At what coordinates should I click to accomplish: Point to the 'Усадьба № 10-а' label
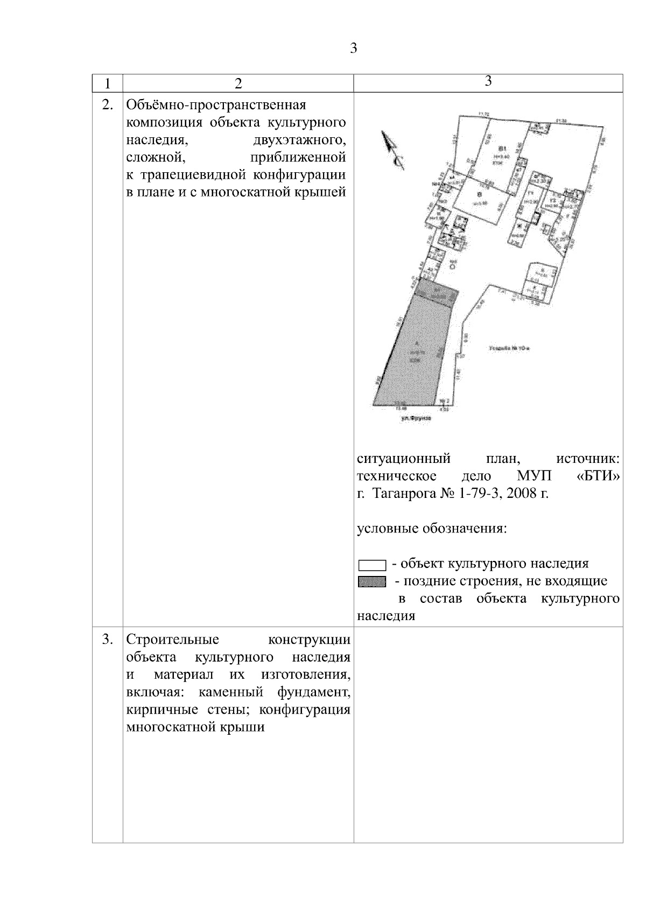click(x=510, y=349)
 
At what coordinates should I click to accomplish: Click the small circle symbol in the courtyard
click(x=453, y=265)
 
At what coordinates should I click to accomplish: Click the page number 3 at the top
click(x=354, y=48)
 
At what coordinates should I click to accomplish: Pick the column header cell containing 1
click(x=108, y=83)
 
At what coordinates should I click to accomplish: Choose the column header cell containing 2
click(x=238, y=83)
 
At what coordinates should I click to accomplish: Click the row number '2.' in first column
click(x=108, y=104)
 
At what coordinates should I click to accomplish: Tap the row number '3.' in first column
click(x=108, y=639)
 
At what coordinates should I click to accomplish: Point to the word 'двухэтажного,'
click(x=299, y=140)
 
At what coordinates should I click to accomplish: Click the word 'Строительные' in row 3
click(x=172, y=639)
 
